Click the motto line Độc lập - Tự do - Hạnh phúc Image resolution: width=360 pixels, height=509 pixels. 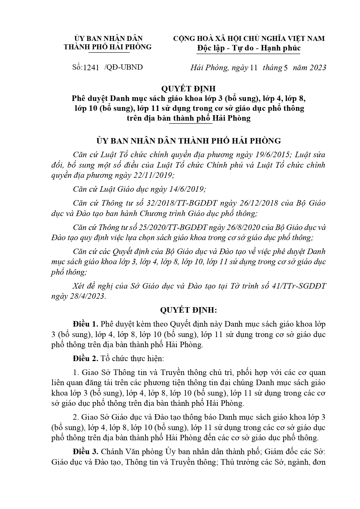pos(249,48)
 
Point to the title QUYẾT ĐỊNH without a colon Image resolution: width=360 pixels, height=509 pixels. pos(189,88)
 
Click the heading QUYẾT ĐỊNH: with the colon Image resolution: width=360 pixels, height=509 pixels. pos(189,310)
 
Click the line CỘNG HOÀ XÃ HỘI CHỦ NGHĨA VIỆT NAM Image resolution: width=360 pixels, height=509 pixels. pos(249,39)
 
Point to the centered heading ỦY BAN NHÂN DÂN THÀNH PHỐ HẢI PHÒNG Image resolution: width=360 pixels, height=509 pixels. pos(189,141)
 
